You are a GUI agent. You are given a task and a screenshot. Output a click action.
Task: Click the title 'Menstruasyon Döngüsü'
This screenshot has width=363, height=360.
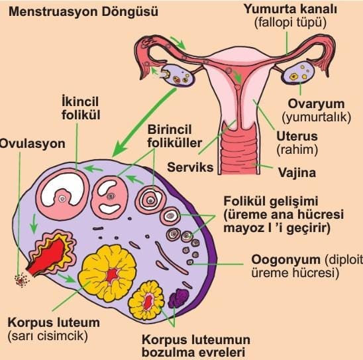tap(83, 11)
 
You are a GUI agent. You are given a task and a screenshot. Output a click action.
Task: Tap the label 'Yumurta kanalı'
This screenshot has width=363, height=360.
tap(290, 9)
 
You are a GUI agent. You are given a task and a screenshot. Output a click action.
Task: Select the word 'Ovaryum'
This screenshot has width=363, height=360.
tap(316, 104)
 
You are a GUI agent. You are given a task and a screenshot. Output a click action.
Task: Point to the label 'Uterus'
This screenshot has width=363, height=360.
tap(297, 136)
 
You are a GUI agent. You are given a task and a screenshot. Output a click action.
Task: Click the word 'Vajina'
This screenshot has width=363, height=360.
tap(297, 172)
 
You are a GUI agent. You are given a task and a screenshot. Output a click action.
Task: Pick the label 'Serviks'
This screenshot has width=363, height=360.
tap(190, 167)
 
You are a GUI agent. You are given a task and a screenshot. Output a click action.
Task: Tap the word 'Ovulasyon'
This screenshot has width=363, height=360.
tap(32, 144)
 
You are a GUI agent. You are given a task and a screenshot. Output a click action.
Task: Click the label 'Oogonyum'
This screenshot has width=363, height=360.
tap(286, 259)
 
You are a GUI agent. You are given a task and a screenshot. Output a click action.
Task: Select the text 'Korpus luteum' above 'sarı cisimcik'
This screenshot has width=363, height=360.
tap(54, 322)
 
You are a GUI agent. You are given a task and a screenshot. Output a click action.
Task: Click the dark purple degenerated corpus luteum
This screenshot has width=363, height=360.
tap(178, 298)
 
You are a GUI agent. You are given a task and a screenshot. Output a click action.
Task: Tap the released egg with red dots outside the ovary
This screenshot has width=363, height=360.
tap(22, 280)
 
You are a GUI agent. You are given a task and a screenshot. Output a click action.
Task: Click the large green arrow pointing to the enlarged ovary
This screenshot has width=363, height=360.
tap(144, 122)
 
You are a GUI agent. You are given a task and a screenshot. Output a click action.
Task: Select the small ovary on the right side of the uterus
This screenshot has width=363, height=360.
tap(297, 73)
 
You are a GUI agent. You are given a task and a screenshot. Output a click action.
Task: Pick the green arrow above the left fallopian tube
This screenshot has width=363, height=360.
tap(178, 42)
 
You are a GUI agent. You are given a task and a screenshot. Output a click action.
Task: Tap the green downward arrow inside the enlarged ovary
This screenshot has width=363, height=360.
tap(34, 224)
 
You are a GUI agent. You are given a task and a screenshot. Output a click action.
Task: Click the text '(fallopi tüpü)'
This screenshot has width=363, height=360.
tap(290, 23)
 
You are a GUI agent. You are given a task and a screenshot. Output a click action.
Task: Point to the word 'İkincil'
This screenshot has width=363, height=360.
tap(80, 101)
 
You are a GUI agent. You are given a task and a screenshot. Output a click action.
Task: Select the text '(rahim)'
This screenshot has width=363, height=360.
tap(297, 150)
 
